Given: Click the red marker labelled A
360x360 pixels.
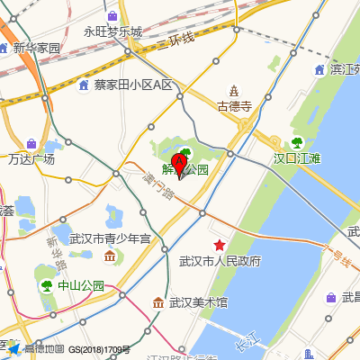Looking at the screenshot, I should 179,166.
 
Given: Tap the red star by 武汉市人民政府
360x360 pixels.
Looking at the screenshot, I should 219,245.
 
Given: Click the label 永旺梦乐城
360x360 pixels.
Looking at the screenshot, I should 113,31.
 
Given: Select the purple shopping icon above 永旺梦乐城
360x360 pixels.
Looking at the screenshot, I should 112,16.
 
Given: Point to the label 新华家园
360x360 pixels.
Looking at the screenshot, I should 36,48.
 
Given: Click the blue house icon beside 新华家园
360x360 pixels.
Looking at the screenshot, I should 6,48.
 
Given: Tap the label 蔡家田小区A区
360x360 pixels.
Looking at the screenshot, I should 133,85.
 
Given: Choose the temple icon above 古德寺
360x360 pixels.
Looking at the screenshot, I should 234,90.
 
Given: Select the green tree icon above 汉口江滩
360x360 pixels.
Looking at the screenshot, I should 297,142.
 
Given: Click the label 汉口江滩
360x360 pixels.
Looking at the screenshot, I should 297,157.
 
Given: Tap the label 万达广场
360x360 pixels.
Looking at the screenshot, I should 31,159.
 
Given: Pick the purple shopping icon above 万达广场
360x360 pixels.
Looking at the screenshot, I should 31,144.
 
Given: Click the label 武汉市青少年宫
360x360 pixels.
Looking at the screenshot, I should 114,239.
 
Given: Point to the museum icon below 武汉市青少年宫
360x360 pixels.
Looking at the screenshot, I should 110,257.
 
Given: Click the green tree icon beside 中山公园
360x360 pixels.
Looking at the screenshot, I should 46,286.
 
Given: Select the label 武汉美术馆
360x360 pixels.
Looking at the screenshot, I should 198,302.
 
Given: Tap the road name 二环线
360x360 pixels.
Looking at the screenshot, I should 176,40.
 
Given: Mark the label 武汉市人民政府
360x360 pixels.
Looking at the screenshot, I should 220,261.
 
